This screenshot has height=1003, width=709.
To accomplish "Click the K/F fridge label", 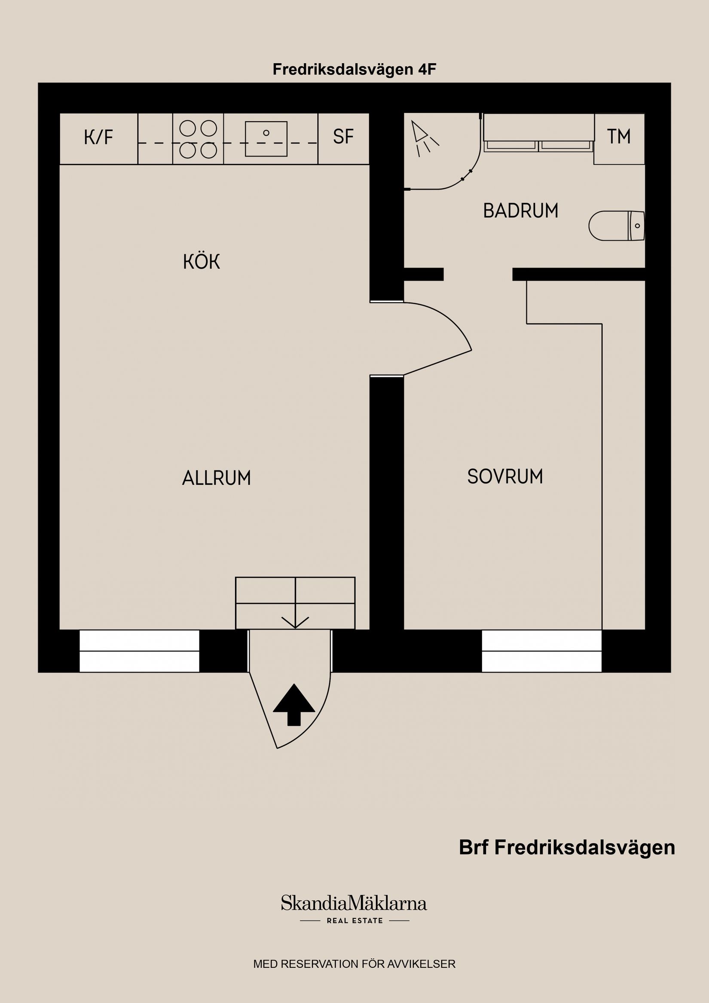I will pos(98,138).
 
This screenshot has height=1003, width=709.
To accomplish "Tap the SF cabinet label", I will pos(343,137).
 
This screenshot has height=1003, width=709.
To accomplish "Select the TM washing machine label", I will pos(619,137).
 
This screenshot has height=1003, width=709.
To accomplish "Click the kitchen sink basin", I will pos(266,138).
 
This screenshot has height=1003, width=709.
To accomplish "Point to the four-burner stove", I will pos(198,139).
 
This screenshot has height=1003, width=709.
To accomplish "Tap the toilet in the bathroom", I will pos(616,226).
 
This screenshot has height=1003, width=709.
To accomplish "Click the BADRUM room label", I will pos(520,211).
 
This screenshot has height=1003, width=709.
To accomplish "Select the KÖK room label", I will pos(202,262).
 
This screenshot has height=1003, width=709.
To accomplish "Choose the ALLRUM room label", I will pos(216,478).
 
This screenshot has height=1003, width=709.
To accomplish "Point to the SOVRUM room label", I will pos(505,477).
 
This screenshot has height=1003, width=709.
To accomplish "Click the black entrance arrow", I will pos(293,704).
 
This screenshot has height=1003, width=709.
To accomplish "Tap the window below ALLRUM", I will pos(139,651).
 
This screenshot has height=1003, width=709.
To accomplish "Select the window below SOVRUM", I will pos(542,651).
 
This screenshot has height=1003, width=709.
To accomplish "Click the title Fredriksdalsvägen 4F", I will pos(354,70).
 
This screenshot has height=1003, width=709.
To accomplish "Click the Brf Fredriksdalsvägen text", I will pos(567,847).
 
